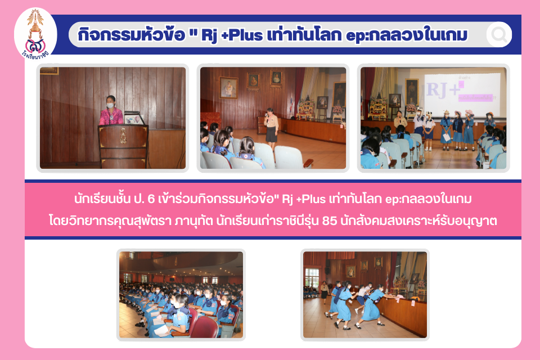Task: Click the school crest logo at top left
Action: (35, 34)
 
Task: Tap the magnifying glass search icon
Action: (499, 34)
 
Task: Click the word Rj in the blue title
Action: (209, 35)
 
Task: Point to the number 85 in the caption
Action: (329, 221)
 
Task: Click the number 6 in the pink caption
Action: (151, 199)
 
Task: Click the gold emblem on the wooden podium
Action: (123, 136)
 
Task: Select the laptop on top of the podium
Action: (134, 118)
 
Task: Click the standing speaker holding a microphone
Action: (271, 129)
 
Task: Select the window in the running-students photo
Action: (312, 277)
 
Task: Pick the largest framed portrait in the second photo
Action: (229, 87)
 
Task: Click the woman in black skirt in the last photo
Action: (324, 292)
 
